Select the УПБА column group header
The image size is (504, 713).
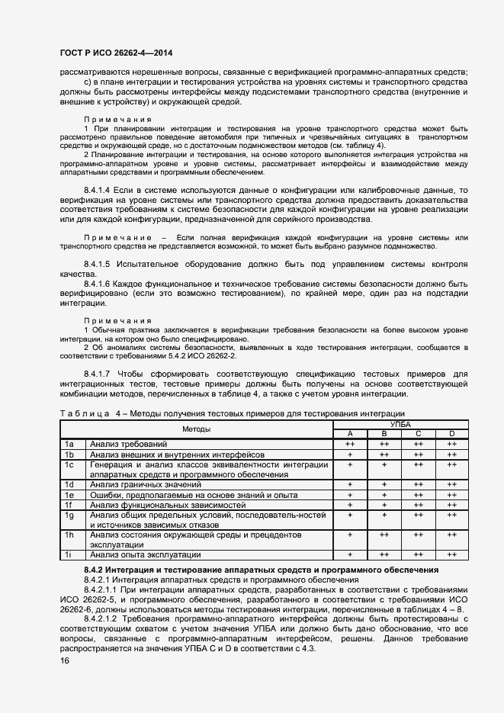(400, 423)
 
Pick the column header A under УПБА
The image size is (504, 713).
(350, 433)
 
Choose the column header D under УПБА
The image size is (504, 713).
(451, 433)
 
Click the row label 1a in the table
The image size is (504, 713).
(69, 443)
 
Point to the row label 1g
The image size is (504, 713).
(69, 515)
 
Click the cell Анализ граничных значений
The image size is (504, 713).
(145, 484)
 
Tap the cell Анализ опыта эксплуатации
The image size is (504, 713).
(145, 554)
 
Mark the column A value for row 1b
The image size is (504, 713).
(350, 453)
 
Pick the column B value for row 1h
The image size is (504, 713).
(384, 535)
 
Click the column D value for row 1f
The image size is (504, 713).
(451, 504)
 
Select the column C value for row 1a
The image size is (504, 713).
(418, 443)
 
